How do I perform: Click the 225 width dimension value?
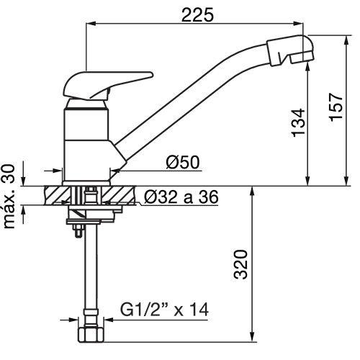[197, 14]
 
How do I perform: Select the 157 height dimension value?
[336, 107]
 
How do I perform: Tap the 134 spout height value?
[299, 123]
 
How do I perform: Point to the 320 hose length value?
[240, 264]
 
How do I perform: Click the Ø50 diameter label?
[183, 162]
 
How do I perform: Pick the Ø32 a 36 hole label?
[181, 197]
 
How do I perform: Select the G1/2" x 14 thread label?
[164, 310]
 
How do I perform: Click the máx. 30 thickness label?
[9, 197]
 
